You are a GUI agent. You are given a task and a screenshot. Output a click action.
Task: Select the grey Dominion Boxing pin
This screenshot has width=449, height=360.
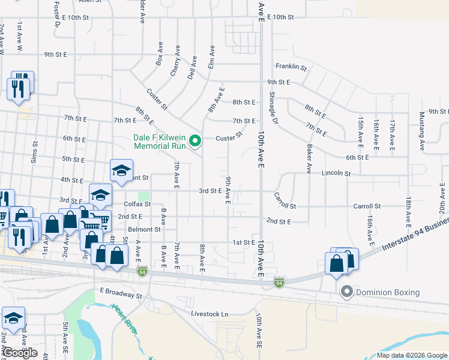coord(346,292)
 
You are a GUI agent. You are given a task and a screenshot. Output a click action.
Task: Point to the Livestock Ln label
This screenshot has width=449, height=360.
coord(210,314)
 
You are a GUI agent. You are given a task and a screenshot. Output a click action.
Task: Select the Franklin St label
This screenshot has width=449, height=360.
coord(291,67)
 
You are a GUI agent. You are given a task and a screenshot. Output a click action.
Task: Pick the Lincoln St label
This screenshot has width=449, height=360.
coord(336,173)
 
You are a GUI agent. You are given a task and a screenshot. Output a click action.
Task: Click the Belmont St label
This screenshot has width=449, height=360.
coord(144,229)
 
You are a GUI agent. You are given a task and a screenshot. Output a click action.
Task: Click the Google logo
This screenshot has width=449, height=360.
coord(20,353)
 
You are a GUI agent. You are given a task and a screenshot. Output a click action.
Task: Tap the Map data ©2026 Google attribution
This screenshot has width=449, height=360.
coord(412,355)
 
